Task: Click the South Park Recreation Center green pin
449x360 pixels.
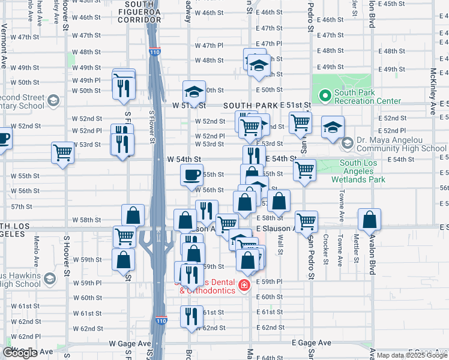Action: click(x=325, y=95)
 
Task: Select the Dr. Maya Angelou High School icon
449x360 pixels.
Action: click(x=347, y=143)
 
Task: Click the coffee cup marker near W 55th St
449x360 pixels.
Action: click(x=192, y=175)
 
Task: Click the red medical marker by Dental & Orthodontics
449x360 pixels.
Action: click(x=244, y=284)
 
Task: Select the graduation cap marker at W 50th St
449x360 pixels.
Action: click(x=194, y=91)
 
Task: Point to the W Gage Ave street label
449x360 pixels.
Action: click(x=130, y=343)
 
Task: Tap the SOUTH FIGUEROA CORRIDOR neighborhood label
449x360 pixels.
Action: click(x=142, y=8)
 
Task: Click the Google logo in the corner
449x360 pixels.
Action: click(x=20, y=353)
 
